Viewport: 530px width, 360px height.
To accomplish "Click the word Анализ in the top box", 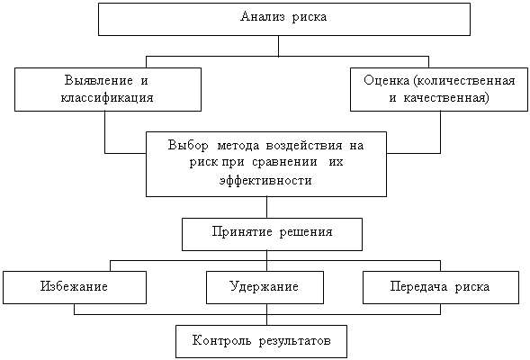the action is (263, 16).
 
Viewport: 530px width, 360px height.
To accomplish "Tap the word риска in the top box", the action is (310, 17).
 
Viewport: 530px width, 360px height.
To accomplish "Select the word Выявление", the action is (98, 80).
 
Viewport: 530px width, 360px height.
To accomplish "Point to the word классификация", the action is (107, 98).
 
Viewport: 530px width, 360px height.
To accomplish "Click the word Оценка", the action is (386, 80).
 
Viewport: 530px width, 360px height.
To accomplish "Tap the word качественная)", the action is (446, 98).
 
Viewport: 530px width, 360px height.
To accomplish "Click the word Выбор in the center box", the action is (188, 145).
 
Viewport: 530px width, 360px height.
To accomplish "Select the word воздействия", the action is (304, 146).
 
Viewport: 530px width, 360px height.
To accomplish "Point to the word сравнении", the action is (284, 162).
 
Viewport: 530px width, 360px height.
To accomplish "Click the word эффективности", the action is (265, 180).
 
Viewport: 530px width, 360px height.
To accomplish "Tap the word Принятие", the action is (242, 231).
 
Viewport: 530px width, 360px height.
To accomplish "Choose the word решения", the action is (306, 232).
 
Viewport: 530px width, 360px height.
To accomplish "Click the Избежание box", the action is (75, 287).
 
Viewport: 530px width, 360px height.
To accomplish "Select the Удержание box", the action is (265, 287).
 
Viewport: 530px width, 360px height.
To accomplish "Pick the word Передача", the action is (418, 286).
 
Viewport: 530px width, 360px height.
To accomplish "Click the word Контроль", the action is (221, 340).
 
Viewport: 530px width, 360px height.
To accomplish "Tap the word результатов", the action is (295, 341).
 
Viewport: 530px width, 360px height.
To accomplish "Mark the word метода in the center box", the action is (238, 146).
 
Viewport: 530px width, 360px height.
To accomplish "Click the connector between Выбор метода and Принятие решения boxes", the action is (266, 207).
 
